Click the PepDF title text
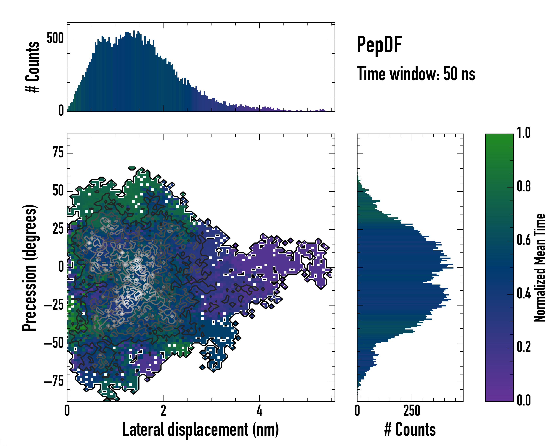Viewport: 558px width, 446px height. point(379,45)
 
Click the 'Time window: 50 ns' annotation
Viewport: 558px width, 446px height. point(416,74)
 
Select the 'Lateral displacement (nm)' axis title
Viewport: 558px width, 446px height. point(201,429)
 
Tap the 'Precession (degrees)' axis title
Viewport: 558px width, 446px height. point(29,268)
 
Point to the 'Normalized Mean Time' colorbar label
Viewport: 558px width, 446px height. point(540,268)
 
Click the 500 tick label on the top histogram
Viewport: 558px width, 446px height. point(55,39)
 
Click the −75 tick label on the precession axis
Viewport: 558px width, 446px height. point(54,381)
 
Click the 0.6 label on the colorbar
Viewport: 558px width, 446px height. point(524,240)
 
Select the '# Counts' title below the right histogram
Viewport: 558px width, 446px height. point(410,429)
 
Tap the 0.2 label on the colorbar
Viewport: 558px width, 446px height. point(524,347)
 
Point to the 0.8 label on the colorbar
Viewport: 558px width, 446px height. point(524,186)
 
